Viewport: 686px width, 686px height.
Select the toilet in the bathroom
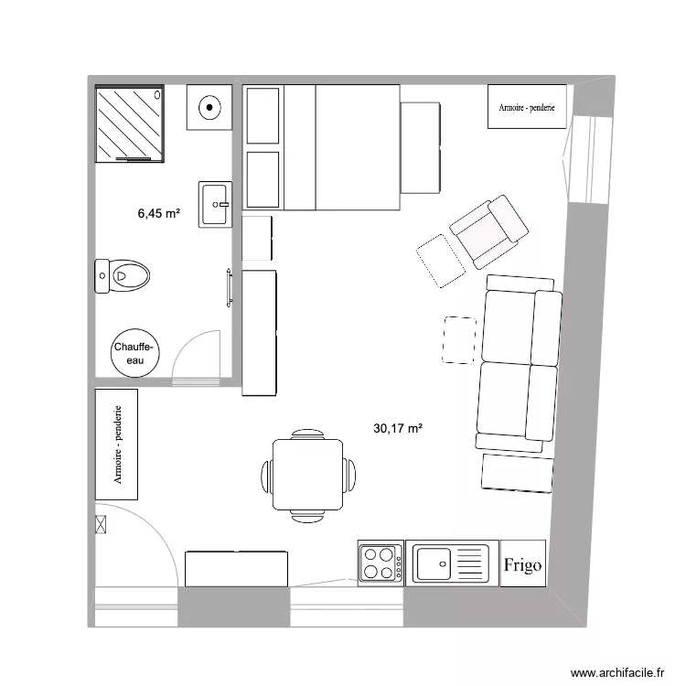(x=123, y=274)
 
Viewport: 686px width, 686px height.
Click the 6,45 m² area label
(x=158, y=214)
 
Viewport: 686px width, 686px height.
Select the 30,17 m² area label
(x=398, y=427)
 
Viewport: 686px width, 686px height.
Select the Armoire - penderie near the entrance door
(x=116, y=445)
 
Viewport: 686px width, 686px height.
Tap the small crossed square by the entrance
(x=101, y=524)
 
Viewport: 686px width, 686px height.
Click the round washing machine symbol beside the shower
(x=209, y=107)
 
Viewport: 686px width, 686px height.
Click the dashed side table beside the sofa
(x=459, y=339)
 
